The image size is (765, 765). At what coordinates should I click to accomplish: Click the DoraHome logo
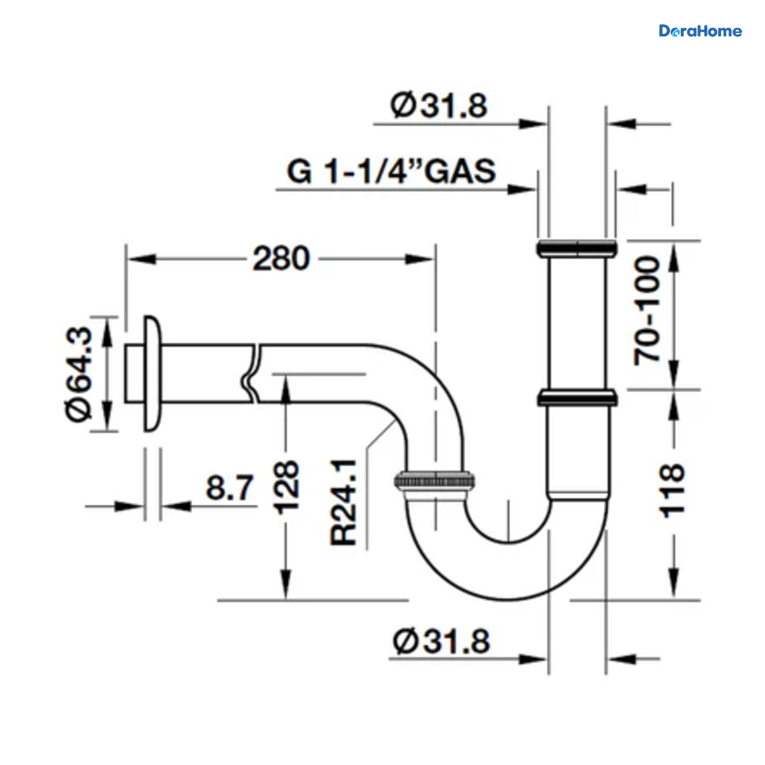[x=700, y=31]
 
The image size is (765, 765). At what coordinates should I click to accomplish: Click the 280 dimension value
[x=281, y=259]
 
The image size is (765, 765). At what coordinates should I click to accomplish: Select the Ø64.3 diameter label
[x=79, y=374]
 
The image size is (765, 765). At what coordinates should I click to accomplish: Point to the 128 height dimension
[x=287, y=488]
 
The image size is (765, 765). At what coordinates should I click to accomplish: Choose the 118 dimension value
[x=672, y=491]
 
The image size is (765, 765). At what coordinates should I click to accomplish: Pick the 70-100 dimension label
[x=646, y=311]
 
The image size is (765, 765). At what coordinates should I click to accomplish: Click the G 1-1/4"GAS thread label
[x=391, y=171]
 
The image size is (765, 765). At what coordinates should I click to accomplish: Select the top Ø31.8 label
[x=438, y=106]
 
